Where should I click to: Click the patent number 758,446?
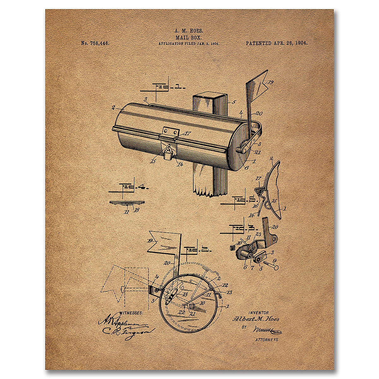95,43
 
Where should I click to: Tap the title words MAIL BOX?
189,37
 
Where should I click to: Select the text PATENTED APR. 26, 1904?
276,43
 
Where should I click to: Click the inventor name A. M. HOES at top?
189,31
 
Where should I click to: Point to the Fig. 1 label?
167,86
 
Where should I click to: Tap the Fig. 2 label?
199,250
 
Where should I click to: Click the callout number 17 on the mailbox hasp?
187,133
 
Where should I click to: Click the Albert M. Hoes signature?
256,319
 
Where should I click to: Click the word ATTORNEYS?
267,340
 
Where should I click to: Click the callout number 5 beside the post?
234,102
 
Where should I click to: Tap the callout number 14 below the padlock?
180,164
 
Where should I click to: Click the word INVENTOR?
259,313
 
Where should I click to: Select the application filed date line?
189,44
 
